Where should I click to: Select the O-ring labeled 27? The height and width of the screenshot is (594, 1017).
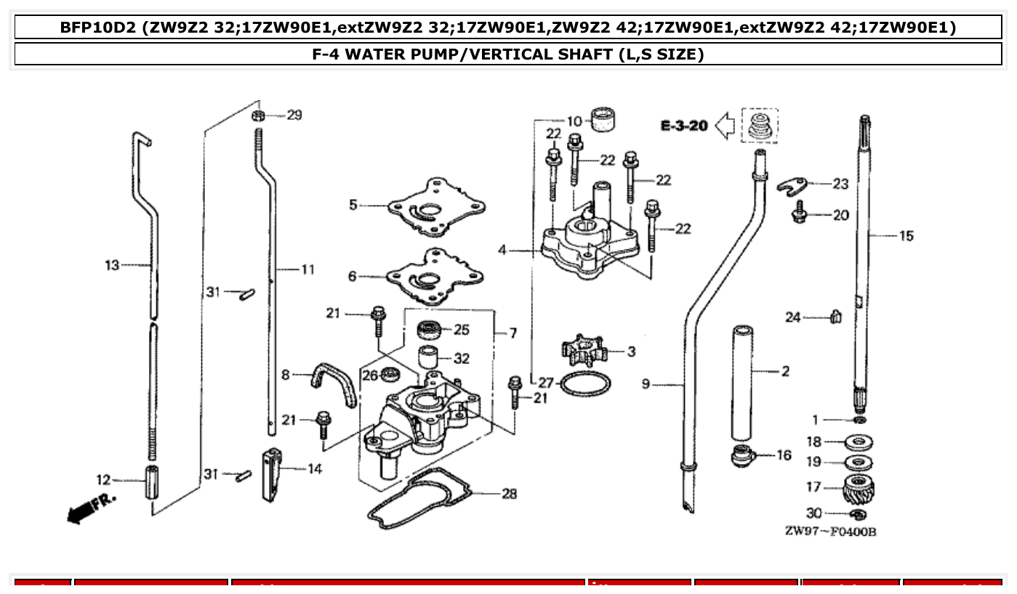[x=585, y=383]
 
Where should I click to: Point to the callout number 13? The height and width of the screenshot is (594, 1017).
[x=111, y=266]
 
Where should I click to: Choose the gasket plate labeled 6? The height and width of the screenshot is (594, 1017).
[x=435, y=275]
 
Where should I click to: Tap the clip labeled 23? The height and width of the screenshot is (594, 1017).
[x=794, y=185]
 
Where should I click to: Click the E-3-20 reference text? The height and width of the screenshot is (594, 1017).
[x=683, y=126]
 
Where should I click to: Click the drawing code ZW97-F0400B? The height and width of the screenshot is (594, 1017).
[x=830, y=532]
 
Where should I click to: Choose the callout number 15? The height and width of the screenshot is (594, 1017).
[x=906, y=236]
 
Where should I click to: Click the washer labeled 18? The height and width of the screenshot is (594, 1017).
[x=859, y=442]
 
